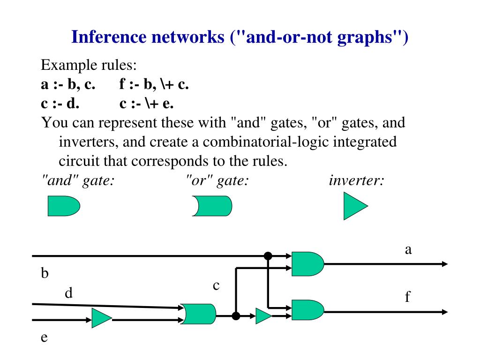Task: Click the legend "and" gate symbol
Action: coord(64,206)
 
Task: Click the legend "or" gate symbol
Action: coord(212,206)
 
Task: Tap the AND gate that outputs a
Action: coord(307,263)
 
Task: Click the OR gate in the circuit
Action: coord(199,315)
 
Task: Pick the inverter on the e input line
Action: coord(101,319)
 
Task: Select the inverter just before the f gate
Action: coord(263,316)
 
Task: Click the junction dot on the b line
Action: coord(268,256)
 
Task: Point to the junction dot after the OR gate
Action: coord(236,316)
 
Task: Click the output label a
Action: coord(408,250)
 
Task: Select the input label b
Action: coord(45,273)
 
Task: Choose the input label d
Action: coord(69,294)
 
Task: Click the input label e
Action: coord(45,337)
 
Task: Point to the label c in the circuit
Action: coord(216,285)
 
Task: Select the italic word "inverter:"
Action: coord(357,180)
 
